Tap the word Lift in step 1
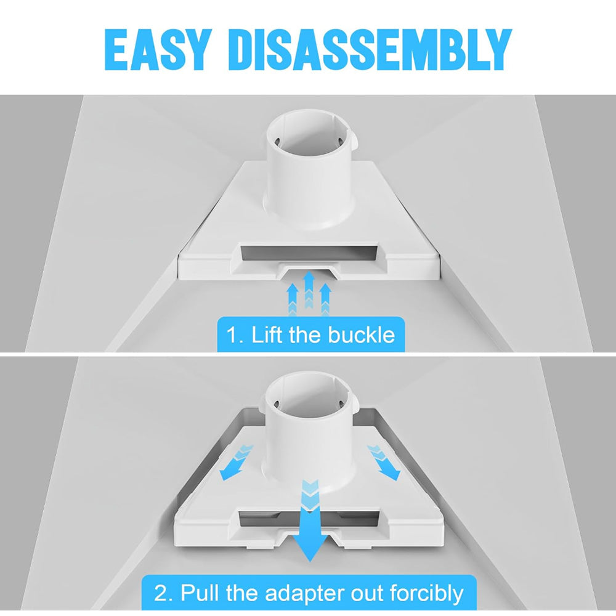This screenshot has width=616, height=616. (265, 335)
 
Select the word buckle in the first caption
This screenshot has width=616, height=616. (362, 335)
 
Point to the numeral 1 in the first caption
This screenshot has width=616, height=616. (232, 335)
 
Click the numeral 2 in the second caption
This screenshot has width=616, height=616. (161, 593)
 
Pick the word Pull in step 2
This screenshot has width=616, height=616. (200, 593)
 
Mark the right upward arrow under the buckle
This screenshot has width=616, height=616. (326, 299)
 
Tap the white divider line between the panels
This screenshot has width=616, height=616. (308, 355)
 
